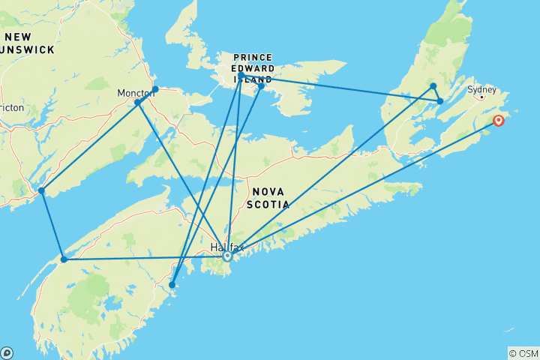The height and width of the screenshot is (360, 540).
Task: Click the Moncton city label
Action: [136, 93]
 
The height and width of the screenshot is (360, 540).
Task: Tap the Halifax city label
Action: [227, 247]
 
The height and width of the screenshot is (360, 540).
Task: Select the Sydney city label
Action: [481, 90]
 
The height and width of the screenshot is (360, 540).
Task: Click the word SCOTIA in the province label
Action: [267, 202]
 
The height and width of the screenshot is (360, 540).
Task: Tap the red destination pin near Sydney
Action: [498, 121]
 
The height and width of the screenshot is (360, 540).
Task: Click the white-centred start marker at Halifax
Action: [227, 256]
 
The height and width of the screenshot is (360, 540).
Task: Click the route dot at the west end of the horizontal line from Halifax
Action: [64, 259]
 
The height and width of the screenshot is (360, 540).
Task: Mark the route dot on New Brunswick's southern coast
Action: [41, 190]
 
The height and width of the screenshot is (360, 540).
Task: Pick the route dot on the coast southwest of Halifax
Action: [172, 285]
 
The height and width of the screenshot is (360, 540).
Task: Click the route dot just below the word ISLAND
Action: [241, 76]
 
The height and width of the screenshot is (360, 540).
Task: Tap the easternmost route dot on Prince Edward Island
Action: [261, 86]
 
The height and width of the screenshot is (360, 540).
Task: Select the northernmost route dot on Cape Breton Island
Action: [433, 86]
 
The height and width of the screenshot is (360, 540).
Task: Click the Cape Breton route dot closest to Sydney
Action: [440, 100]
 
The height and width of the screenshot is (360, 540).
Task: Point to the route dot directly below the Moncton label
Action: [138, 102]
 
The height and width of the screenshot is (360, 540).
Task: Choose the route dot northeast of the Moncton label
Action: [155, 89]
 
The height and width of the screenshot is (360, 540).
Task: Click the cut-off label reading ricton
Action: [12, 108]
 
